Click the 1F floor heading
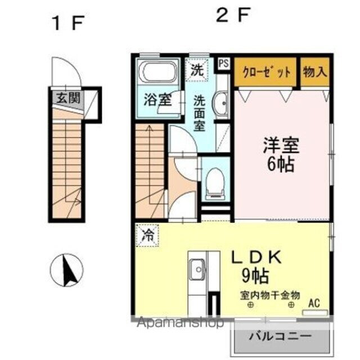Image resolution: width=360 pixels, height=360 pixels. tap(68, 24)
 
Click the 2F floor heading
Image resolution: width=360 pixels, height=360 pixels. tap(233, 15)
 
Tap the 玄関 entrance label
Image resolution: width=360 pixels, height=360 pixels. tap(68, 98)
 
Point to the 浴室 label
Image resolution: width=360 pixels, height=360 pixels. tap(157, 102)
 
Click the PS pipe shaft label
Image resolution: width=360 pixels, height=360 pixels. tap(224, 63)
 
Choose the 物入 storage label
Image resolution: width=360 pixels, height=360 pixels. tap(315, 72)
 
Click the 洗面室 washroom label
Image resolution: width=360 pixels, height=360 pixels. tap(200, 112)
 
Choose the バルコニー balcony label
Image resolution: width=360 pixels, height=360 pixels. tap(280, 337)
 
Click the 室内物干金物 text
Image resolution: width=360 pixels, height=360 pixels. tap(270, 295)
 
